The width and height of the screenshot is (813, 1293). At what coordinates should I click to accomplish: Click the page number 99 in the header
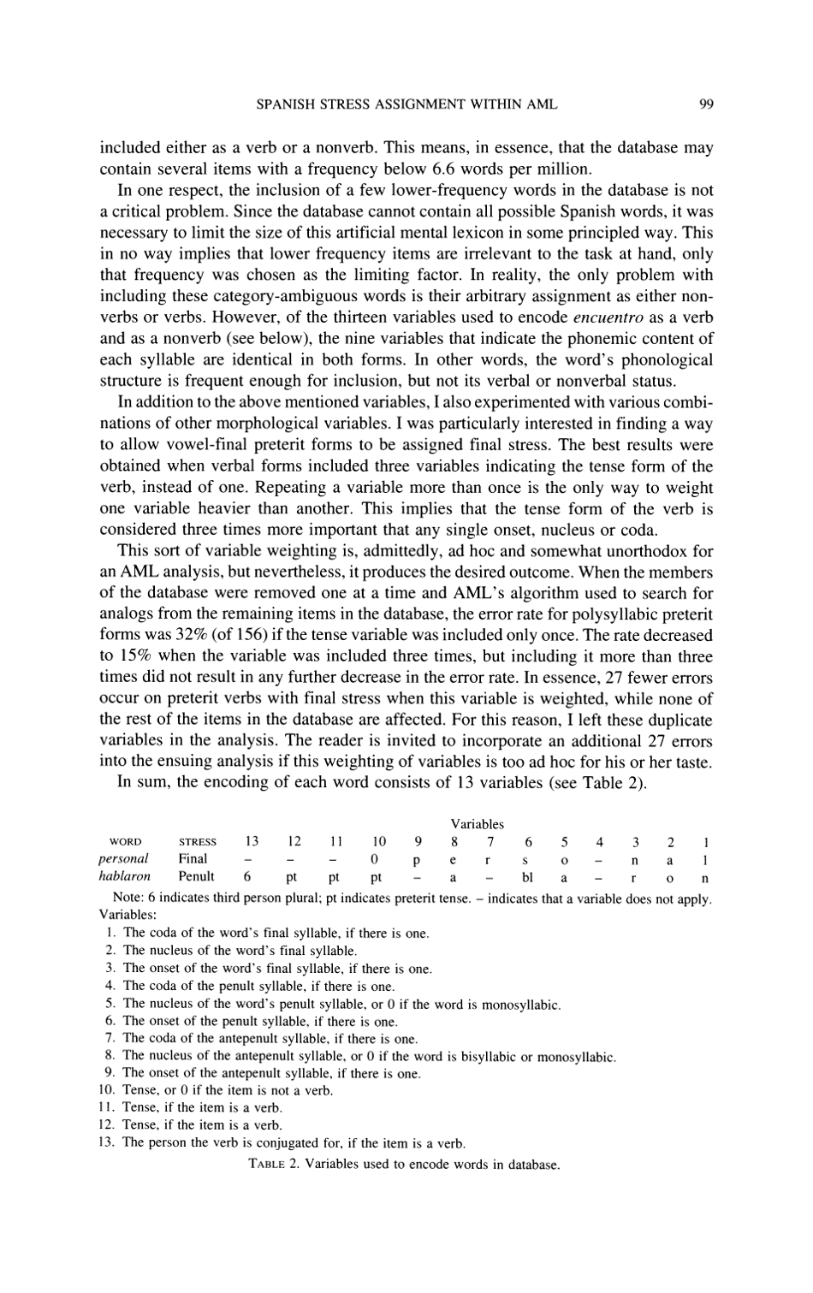(x=706, y=104)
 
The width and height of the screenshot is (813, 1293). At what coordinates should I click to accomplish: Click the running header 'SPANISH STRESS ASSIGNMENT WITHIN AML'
(x=406, y=104)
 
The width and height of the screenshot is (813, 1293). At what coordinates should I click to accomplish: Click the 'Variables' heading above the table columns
(x=477, y=824)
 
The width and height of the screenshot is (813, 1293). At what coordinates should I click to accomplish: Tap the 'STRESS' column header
(x=197, y=842)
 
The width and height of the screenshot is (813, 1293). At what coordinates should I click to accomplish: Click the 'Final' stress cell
(x=193, y=858)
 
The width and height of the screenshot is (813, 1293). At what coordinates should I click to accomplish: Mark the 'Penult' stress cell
(x=196, y=876)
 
